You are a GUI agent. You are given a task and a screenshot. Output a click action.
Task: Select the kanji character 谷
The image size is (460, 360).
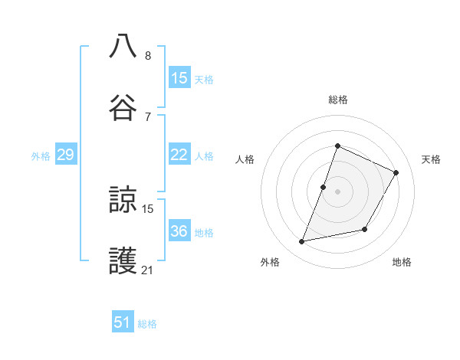(x=123, y=107)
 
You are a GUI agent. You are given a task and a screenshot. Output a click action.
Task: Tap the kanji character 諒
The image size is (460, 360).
(x=123, y=201)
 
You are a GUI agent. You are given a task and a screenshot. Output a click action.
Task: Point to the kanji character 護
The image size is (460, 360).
(x=123, y=262)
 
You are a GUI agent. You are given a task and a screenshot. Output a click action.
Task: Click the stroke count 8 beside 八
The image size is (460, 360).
(x=148, y=56)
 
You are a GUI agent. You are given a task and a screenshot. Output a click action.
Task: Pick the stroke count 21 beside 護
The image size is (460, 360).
(x=148, y=270)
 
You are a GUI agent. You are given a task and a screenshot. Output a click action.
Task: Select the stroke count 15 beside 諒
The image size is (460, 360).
(x=148, y=208)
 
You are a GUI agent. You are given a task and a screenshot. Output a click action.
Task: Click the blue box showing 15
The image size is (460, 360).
(x=179, y=77)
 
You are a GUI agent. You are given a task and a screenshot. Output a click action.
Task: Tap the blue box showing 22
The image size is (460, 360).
(x=179, y=155)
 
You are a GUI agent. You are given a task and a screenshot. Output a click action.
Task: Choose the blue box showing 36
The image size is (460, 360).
(x=179, y=231)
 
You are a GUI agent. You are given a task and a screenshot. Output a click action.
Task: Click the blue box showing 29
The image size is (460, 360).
(x=65, y=155)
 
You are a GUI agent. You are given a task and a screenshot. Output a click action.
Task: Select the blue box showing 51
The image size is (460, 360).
(x=123, y=322)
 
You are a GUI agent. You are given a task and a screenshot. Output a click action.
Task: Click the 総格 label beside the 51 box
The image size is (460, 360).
(x=147, y=324)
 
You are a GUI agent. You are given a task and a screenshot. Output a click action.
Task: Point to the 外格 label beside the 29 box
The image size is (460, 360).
(x=41, y=156)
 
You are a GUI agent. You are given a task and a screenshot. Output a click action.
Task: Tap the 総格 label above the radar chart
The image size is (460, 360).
(x=337, y=100)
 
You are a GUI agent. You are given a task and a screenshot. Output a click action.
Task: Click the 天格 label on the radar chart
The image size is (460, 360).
(x=431, y=159)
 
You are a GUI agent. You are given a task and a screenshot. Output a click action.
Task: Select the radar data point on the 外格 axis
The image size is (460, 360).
(x=302, y=242)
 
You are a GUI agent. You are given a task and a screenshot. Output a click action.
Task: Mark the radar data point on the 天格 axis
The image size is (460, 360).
(x=396, y=172)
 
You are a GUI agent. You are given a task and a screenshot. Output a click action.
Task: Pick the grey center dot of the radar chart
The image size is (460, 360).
(x=337, y=191)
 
